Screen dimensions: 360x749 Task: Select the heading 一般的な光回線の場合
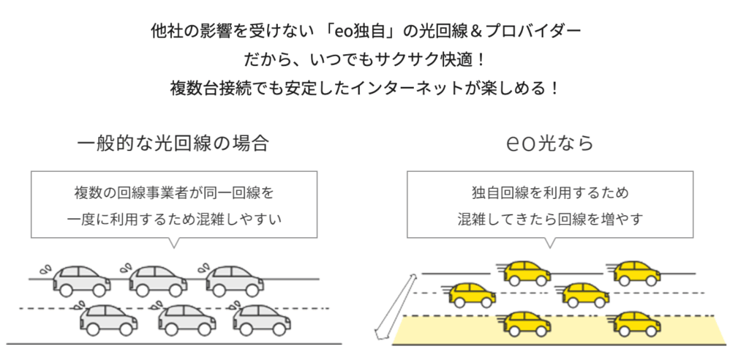[173, 143]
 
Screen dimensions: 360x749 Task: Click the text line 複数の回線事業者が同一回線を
[173, 194]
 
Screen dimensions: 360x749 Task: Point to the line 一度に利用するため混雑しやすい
[173, 219]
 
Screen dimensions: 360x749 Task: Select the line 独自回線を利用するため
[551, 194]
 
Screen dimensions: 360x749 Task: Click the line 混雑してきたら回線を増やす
[551, 219]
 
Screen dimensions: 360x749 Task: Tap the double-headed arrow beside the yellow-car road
[392, 307]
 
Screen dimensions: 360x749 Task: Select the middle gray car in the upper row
[157, 279]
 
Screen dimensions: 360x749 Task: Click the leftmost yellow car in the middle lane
[470, 295]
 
